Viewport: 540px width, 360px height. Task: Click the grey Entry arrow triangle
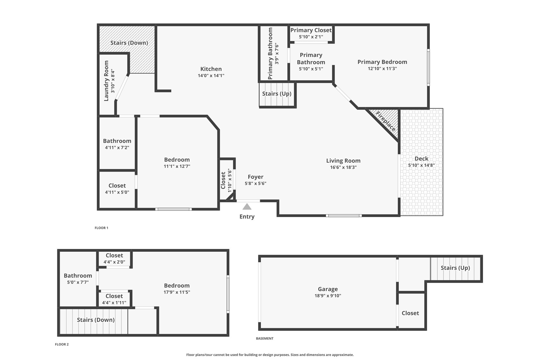[247, 207]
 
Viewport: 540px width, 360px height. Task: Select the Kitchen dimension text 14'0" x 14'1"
[211, 76]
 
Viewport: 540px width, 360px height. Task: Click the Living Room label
[343, 161]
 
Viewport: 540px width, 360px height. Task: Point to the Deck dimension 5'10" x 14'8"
[421, 165]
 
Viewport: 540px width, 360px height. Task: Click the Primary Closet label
[311, 30]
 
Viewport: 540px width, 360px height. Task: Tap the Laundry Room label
[106, 81]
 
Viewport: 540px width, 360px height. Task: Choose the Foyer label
[256, 177]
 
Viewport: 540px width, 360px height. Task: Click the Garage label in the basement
[328, 289]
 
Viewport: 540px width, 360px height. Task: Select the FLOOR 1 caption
[102, 228]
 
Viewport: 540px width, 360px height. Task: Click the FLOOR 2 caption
[62, 344]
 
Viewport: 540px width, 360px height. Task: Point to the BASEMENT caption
[265, 338]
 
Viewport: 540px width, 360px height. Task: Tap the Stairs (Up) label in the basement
[455, 268]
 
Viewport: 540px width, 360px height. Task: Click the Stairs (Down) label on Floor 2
[96, 320]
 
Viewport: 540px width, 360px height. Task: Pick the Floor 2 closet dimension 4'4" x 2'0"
[114, 262]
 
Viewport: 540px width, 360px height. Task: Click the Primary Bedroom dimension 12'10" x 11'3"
[382, 68]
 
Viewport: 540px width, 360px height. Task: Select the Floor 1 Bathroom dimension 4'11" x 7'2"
[117, 148]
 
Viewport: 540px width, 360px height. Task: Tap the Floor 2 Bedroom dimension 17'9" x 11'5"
[177, 292]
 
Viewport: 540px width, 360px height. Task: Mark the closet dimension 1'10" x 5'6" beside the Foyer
[229, 180]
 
